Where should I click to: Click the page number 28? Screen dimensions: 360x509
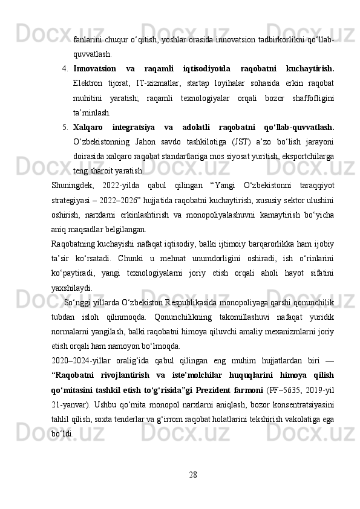click(192, 472)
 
